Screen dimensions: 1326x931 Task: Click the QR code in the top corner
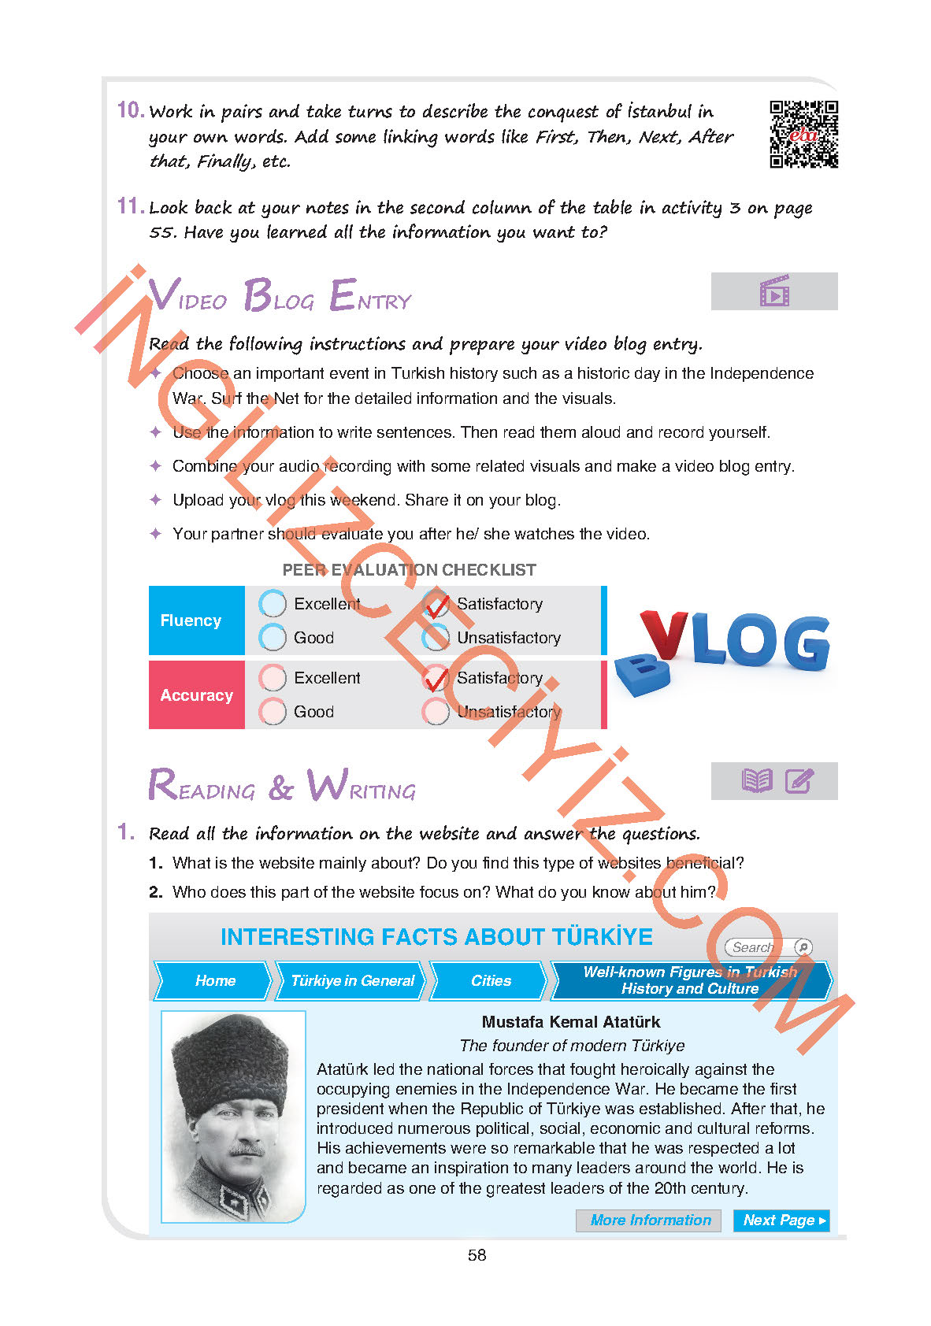[803, 134]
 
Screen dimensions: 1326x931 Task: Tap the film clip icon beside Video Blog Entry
[774, 291]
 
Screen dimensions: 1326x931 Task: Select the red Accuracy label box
[196, 695]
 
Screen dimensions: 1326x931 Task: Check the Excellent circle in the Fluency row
[273, 604]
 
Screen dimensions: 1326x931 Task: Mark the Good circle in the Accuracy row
[273, 712]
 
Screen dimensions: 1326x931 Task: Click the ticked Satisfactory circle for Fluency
[436, 605]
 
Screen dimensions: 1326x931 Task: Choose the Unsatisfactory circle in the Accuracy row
[436, 712]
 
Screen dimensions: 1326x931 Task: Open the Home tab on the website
[215, 980]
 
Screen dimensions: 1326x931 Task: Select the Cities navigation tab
[491, 980]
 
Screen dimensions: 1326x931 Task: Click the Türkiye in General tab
[352, 980]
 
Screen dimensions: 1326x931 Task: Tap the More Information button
[650, 1220]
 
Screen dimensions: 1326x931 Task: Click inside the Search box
[756, 947]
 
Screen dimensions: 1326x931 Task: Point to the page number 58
[477, 1255]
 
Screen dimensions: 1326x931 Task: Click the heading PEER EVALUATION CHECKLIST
[409, 570]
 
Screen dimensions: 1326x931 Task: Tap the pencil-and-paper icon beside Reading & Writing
[799, 781]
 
